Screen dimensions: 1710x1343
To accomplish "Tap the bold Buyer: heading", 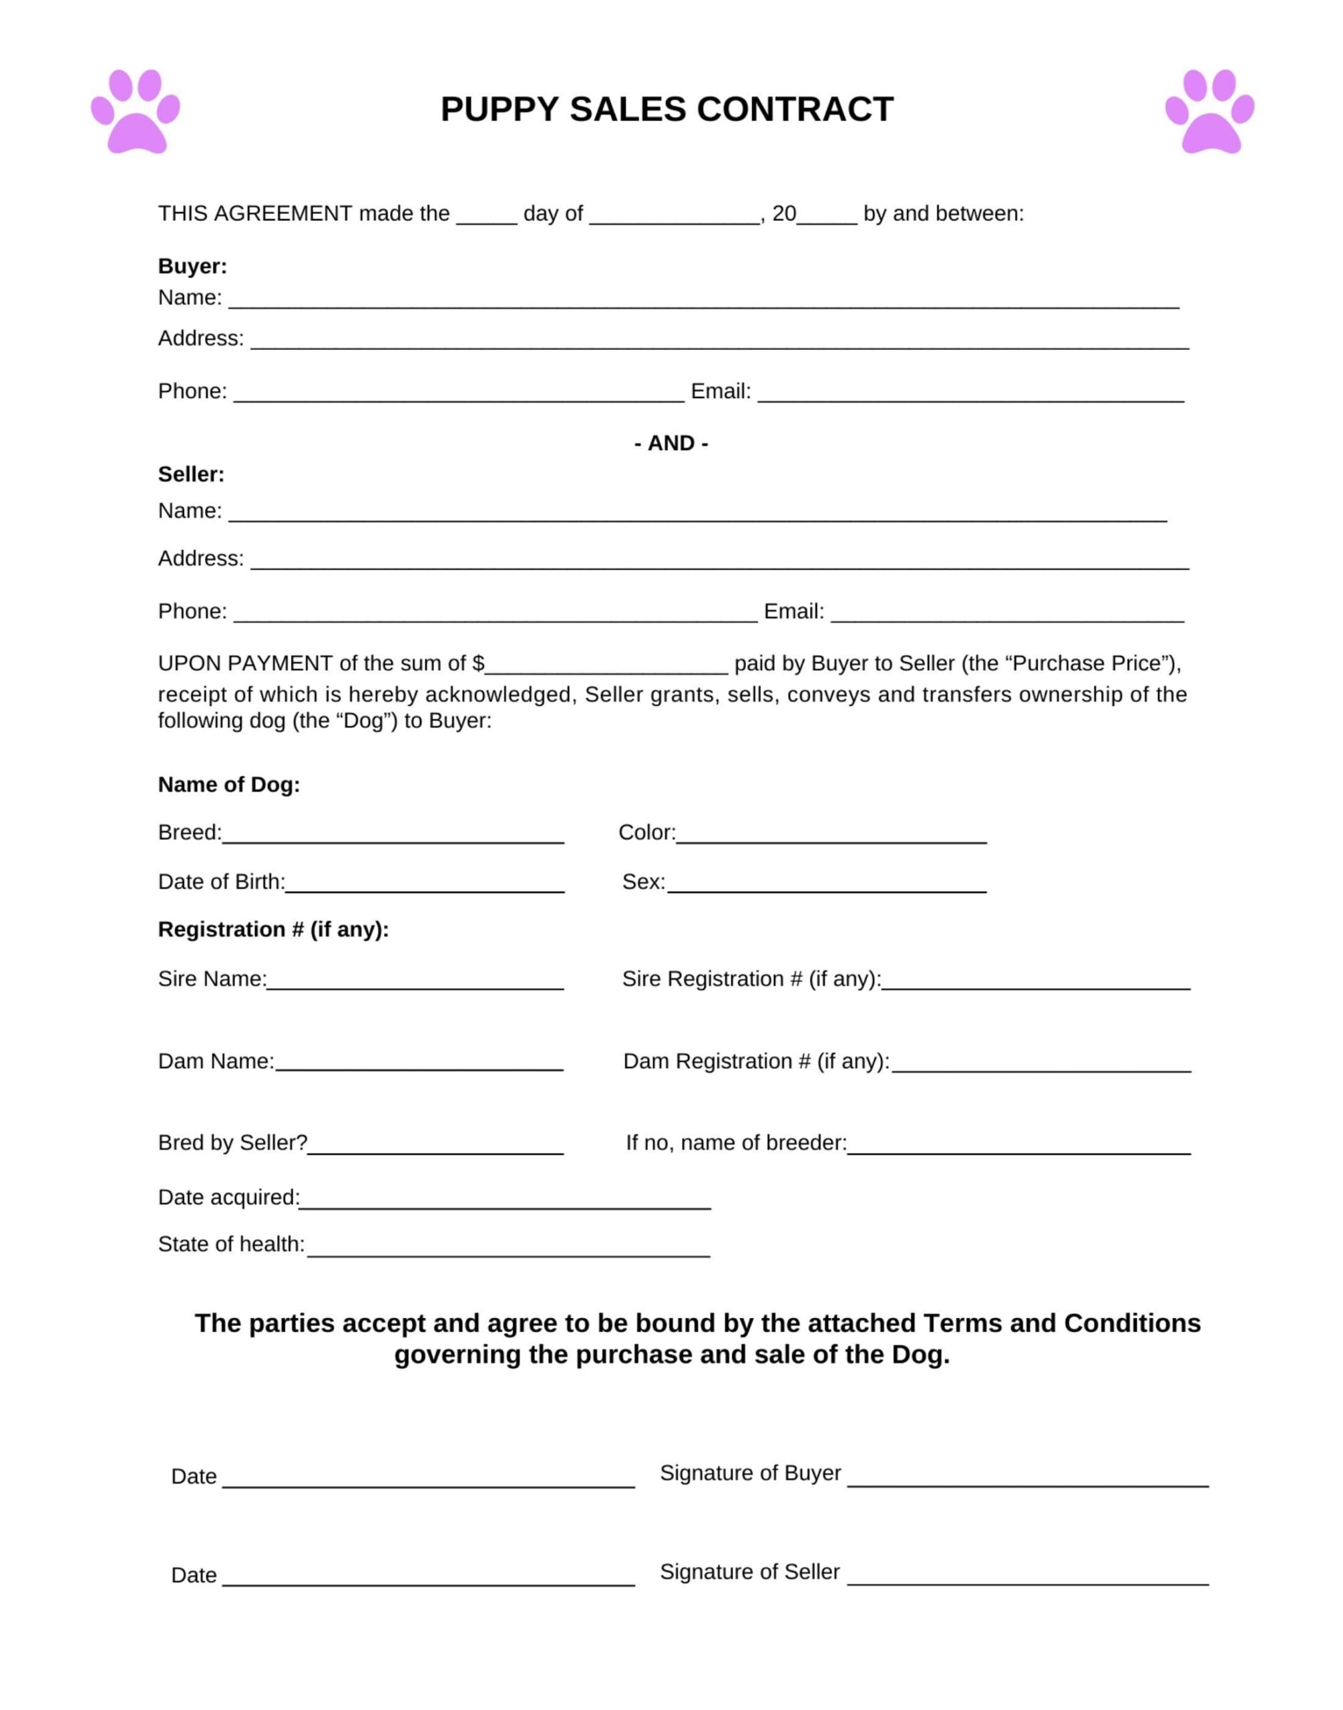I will (x=192, y=267).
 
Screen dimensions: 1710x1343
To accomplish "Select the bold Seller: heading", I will (x=191, y=474).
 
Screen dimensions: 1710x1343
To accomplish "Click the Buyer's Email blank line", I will (x=970, y=395).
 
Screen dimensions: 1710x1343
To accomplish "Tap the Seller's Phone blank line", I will (x=496, y=615).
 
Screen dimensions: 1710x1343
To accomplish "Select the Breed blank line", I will (x=393, y=836).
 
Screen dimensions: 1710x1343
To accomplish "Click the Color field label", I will (x=646, y=832).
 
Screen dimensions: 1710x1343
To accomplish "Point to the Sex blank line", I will (x=826, y=886).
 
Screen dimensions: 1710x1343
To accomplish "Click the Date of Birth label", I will (x=221, y=882).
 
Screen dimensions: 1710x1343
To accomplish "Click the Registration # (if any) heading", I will (x=273, y=930).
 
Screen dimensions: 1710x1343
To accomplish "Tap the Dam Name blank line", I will (x=419, y=1065).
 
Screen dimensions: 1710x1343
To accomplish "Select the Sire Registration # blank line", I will (x=1036, y=983).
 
